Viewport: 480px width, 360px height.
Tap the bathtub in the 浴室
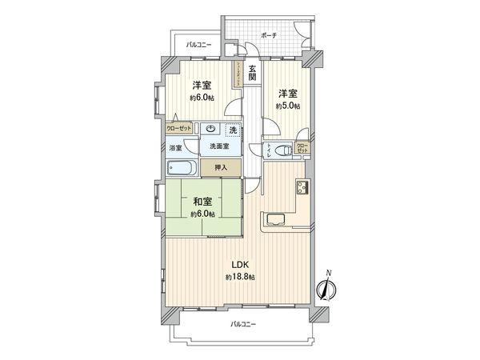point(183,168)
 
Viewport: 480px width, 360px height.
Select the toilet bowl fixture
point(282,149)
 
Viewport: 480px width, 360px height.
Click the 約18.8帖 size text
point(239,276)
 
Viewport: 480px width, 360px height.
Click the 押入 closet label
point(220,166)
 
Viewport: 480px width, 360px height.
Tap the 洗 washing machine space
point(233,129)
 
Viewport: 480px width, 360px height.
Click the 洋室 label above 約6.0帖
point(202,85)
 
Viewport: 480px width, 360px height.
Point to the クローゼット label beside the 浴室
point(178,128)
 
